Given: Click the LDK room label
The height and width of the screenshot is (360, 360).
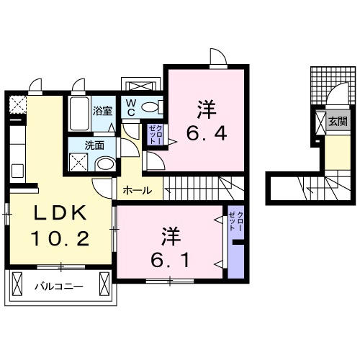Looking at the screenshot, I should coord(60,214).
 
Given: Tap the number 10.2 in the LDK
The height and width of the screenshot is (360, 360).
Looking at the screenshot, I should coord(60,238).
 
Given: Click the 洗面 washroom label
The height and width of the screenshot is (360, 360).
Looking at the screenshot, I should coord(94,145).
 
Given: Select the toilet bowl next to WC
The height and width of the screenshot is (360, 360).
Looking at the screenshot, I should coord(150,107).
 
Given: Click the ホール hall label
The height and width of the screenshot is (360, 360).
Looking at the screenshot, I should coord(137,191).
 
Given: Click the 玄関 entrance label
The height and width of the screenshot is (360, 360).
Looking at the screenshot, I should coord(338,121).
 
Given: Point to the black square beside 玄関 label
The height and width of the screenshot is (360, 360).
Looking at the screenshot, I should coord(320,122).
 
